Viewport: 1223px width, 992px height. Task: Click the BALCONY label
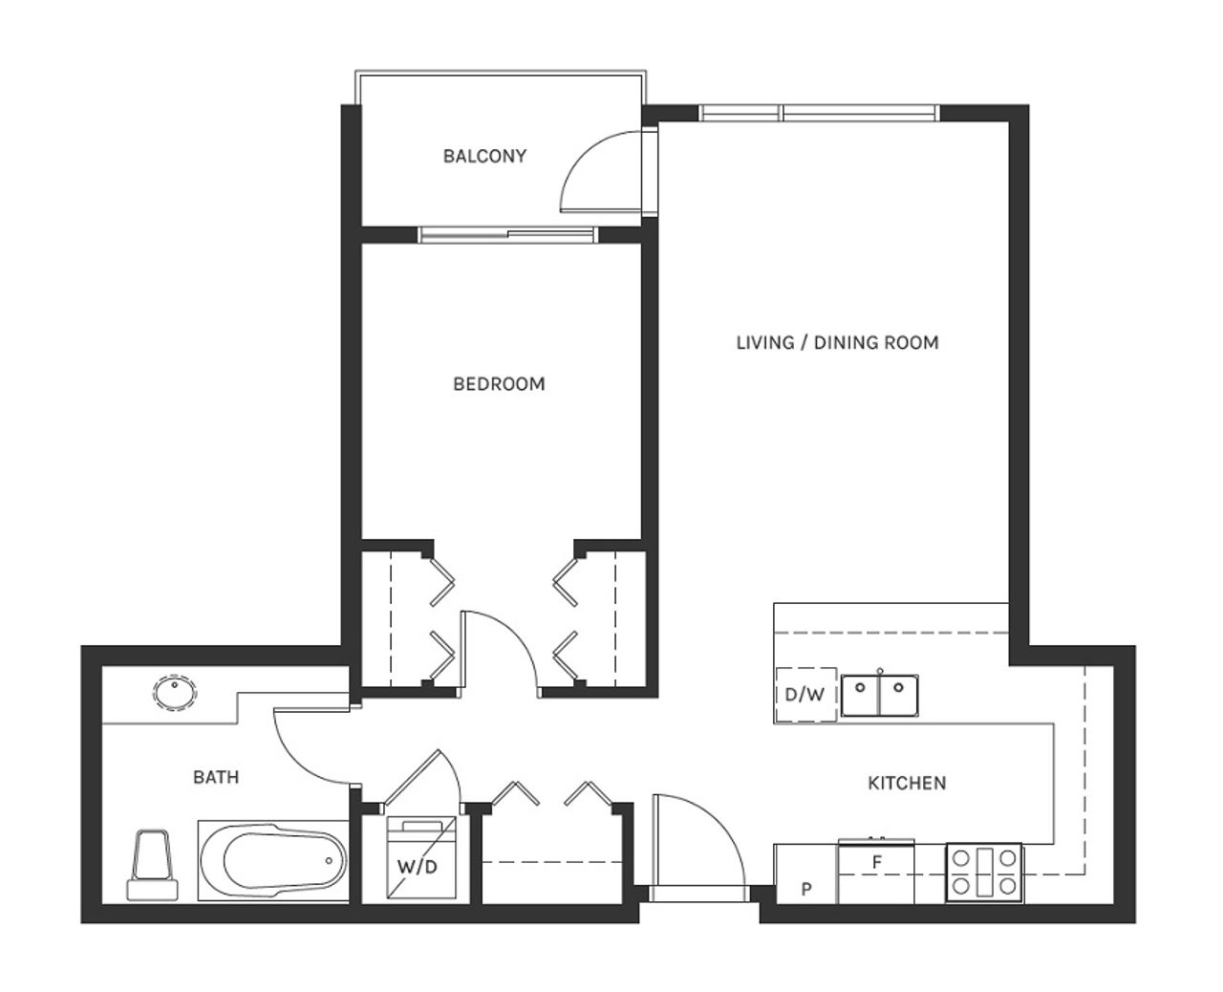[x=484, y=156]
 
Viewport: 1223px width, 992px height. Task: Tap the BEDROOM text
[x=499, y=383]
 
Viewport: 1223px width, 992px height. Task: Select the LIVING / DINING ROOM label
[x=837, y=343]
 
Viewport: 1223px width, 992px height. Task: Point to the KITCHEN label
[x=907, y=783]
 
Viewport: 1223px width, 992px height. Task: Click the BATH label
[x=216, y=777]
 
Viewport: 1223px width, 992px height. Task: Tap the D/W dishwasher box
[x=805, y=695]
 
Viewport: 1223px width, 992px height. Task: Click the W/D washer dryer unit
[x=420, y=865]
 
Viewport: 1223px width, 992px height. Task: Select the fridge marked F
[x=876, y=872]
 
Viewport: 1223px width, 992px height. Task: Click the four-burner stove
[x=984, y=873]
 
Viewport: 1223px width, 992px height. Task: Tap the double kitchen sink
[x=880, y=695]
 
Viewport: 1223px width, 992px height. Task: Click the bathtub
[x=273, y=861]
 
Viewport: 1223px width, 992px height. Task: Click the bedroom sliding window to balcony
[x=507, y=234]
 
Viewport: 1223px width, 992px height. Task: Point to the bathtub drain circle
[x=329, y=860]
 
